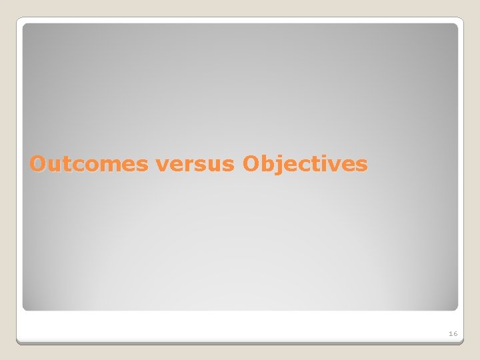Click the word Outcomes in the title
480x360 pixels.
[x=89, y=164]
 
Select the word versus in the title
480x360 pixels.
[x=195, y=164]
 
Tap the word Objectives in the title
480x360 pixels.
[x=305, y=164]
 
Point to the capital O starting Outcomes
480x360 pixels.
[x=38, y=164]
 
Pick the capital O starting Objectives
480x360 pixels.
[x=251, y=164]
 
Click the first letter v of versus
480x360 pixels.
[x=162, y=165]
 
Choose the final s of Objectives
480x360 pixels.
[x=362, y=165]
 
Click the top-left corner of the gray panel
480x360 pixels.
[x=24, y=25]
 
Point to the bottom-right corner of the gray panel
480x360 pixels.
[x=457, y=309]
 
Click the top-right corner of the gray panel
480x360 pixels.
[x=457, y=25]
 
